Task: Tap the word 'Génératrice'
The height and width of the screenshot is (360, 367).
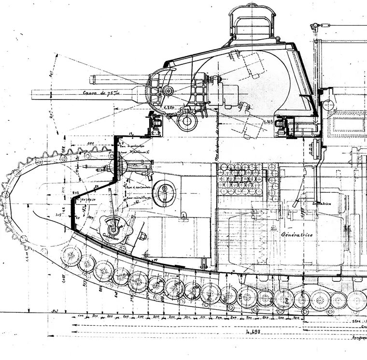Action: coord(296,233)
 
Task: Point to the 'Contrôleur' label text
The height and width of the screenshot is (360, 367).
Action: coord(111,237)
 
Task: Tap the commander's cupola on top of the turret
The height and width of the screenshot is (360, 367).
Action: coord(252,24)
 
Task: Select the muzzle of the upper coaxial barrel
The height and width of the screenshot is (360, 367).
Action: coord(91,78)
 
